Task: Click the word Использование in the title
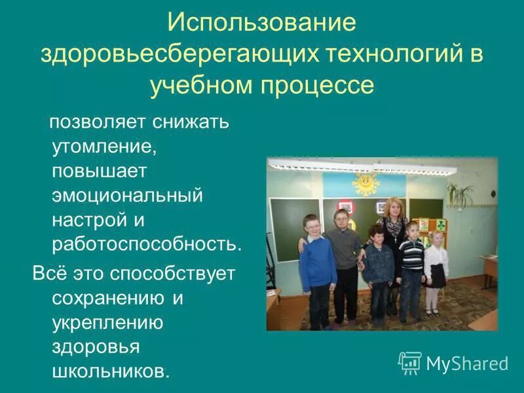click(x=262, y=23)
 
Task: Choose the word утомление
click(x=104, y=147)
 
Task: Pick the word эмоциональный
click(x=128, y=195)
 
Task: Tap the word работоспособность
click(x=147, y=244)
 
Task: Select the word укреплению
click(x=107, y=322)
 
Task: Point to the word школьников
click(x=110, y=371)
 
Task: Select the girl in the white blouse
click(x=435, y=265)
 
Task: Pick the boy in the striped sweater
click(x=411, y=262)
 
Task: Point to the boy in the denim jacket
click(x=378, y=269)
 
